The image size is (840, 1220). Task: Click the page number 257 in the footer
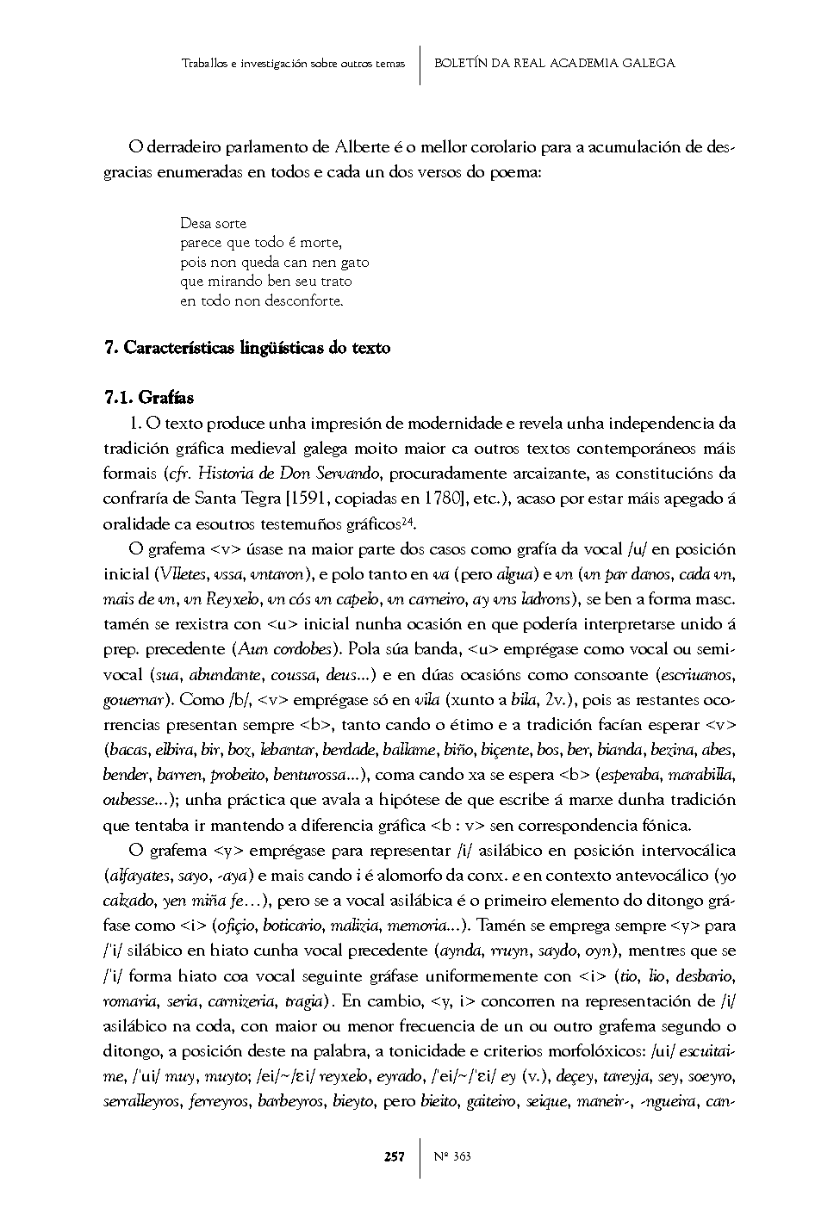[394, 1156]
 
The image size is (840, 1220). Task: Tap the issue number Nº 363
[452, 1156]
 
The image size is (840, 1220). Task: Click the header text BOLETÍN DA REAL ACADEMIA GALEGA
[554, 63]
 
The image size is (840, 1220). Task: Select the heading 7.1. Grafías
[148, 398]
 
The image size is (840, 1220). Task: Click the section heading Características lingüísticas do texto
[257, 348]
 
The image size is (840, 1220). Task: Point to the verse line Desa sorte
[214, 223]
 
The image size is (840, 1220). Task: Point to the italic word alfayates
[138, 876]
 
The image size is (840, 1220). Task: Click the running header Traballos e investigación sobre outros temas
[293, 64]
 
